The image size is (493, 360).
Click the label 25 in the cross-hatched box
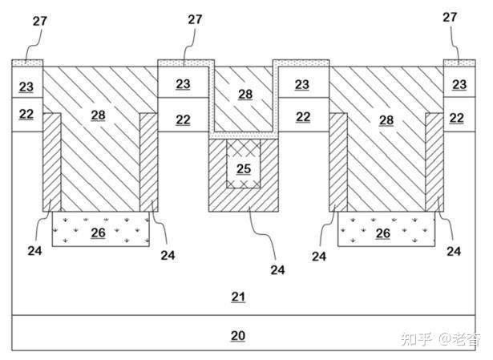tap(244, 169)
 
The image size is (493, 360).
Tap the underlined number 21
tap(238, 297)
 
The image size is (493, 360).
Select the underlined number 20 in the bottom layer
tap(238, 336)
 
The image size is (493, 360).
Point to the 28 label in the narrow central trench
tap(245, 95)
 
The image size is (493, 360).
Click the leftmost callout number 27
tap(40, 21)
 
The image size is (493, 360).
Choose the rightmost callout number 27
tap(450, 17)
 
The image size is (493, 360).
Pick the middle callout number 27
tap(195, 19)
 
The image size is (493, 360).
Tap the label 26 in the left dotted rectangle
tap(98, 233)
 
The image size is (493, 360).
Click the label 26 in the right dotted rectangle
tap(383, 233)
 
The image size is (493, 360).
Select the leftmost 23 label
tap(26, 87)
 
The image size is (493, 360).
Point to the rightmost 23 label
tap(459, 84)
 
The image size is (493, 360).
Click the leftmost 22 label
tap(26, 114)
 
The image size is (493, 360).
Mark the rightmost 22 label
tap(457, 118)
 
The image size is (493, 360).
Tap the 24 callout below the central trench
tap(277, 270)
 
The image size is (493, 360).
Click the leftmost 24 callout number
tap(34, 251)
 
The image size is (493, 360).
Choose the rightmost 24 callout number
tap(454, 251)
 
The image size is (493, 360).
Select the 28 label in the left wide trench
tap(98, 115)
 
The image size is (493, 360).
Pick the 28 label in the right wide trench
tap(386, 120)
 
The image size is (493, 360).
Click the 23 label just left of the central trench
tap(183, 84)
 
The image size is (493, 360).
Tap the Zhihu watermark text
tap(441, 340)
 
